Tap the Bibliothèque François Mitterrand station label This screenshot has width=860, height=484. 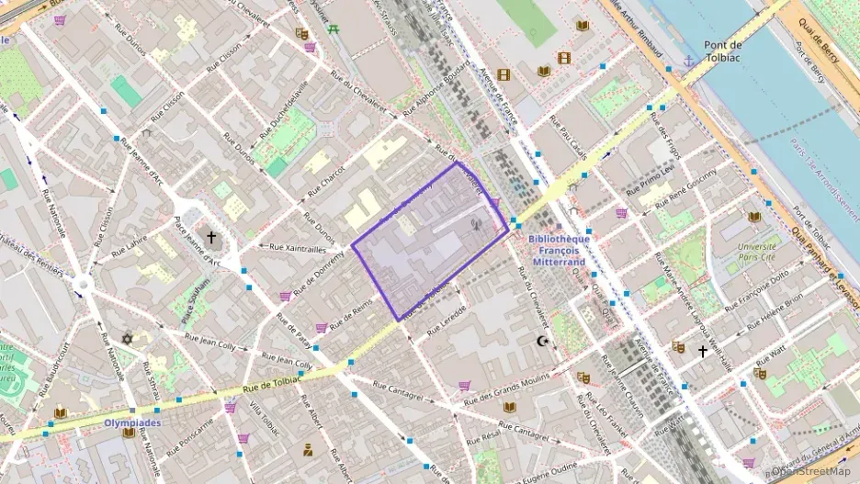click(x=560, y=249)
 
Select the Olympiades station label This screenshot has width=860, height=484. click(x=133, y=423)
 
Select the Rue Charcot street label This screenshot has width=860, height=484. click(x=326, y=179)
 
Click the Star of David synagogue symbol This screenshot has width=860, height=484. click(x=128, y=340)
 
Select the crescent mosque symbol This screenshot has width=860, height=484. click(x=542, y=342)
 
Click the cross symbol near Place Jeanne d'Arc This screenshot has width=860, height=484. click(x=210, y=237)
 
